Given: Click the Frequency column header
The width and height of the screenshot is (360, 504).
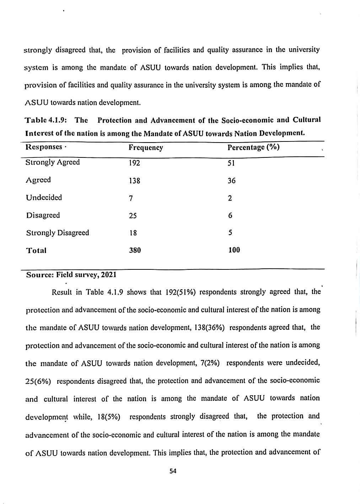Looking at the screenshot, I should (x=146, y=148).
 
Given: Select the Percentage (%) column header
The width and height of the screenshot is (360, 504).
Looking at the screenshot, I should (x=253, y=147).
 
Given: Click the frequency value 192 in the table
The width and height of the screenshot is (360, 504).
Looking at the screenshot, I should (x=134, y=163).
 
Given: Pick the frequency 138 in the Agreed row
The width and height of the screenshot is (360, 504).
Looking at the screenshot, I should (x=134, y=181).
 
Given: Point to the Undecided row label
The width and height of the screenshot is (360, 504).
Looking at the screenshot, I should (x=44, y=198).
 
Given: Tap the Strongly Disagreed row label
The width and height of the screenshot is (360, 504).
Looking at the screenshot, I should (x=58, y=233).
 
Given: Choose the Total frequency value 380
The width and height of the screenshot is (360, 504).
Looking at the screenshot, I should (x=135, y=251).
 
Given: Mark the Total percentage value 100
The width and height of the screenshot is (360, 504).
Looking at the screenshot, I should (x=234, y=250).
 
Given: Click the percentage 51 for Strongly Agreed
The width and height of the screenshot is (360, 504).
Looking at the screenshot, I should (x=231, y=163).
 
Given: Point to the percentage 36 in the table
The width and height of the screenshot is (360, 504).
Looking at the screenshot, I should (x=231, y=181).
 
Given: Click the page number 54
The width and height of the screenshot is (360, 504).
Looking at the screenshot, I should (x=173, y=471).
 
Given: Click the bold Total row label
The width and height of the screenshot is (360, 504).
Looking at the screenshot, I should (x=36, y=251).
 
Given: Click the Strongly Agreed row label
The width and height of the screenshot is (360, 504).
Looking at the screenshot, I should (x=53, y=162).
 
